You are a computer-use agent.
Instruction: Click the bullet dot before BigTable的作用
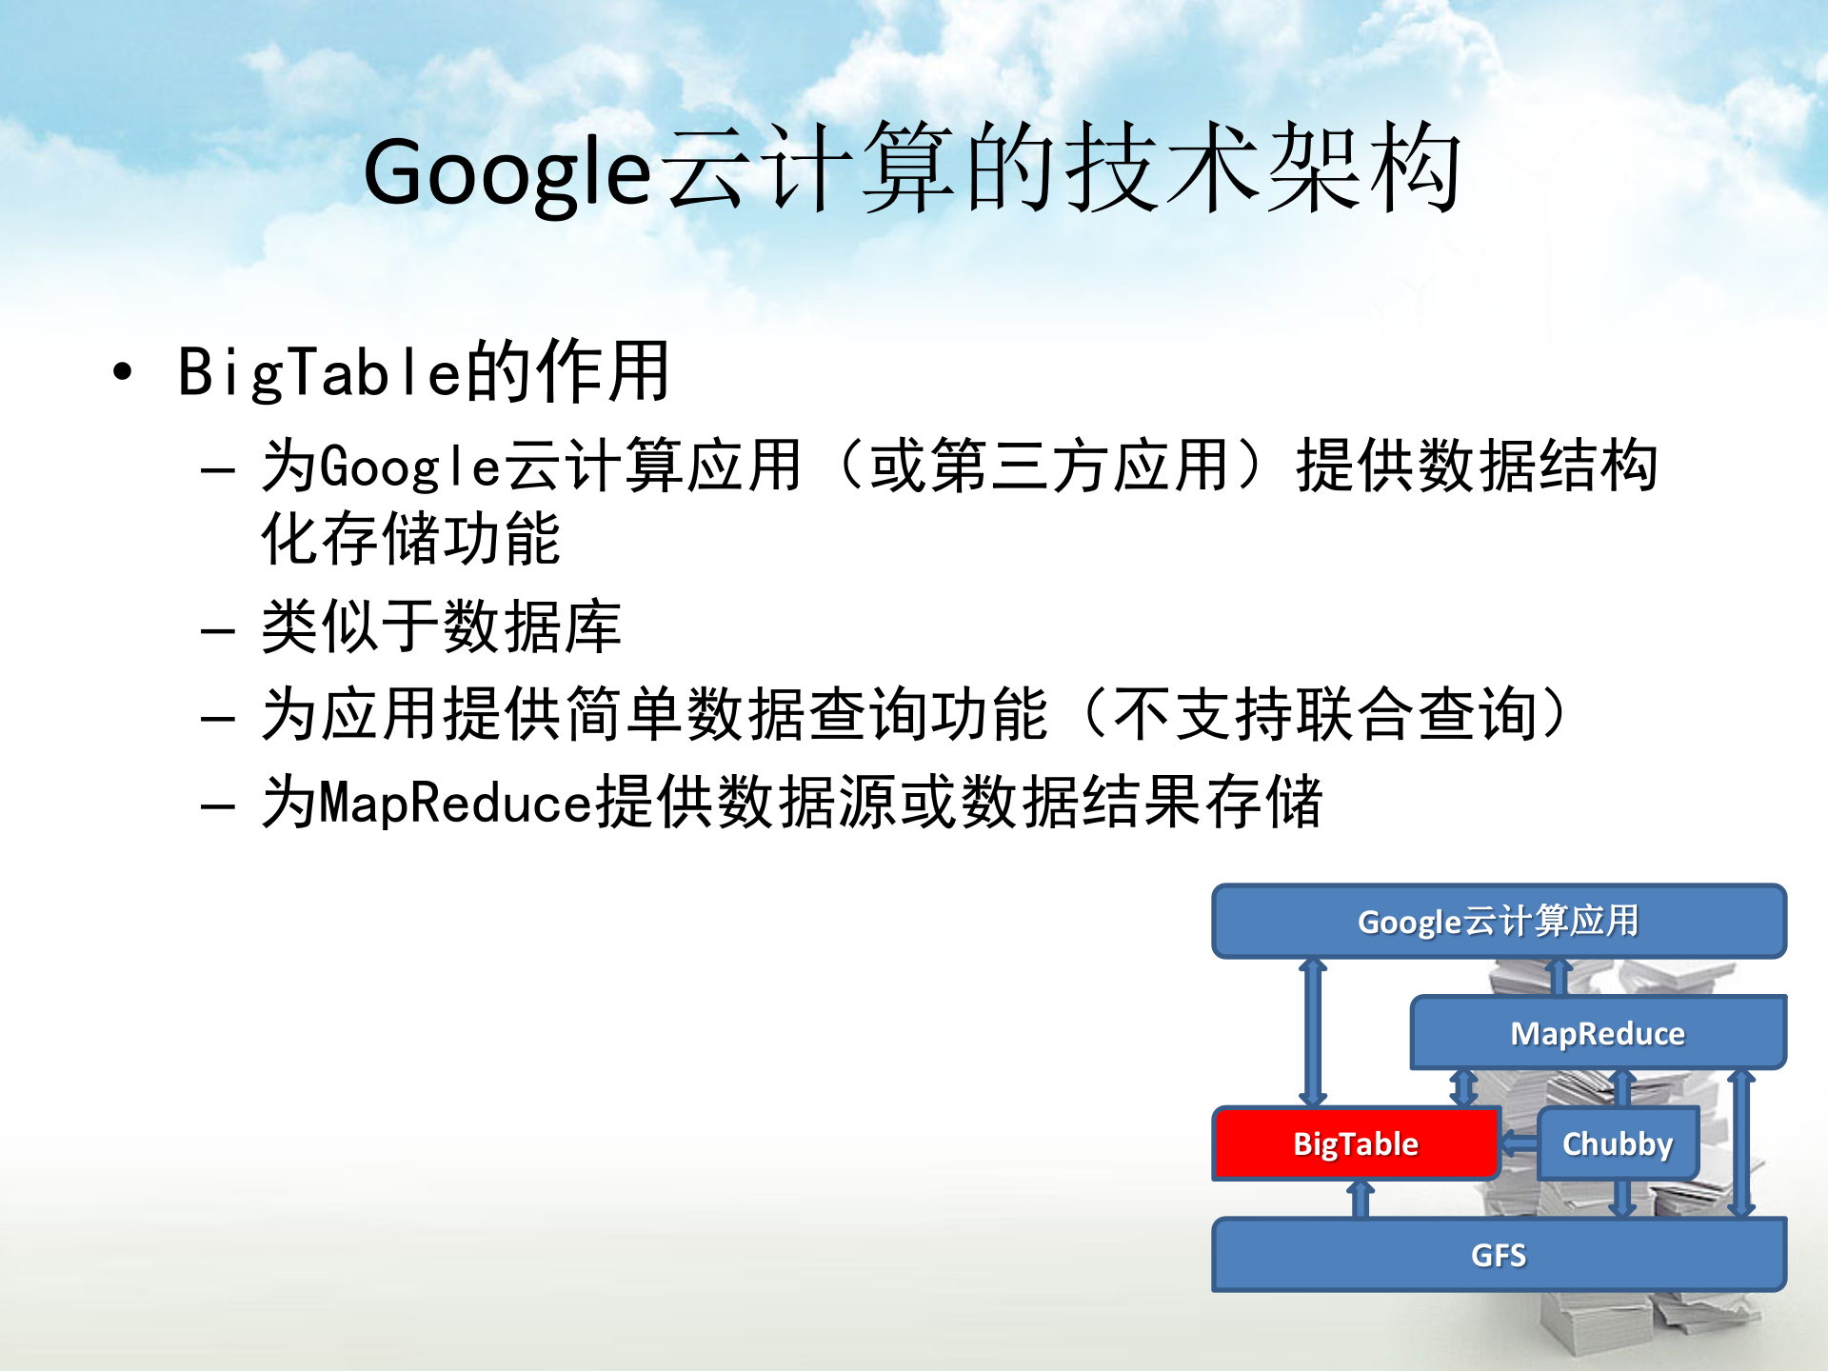point(122,371)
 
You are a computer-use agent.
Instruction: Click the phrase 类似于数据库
point(441,626)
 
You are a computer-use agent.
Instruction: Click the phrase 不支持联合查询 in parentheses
point(1323,714)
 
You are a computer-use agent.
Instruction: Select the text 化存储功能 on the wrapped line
point(410,539)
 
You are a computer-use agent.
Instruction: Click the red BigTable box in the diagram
point(1355,1143)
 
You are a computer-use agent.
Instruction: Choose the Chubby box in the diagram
point(1617,1143)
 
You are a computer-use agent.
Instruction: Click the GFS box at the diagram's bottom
point(1498,1255)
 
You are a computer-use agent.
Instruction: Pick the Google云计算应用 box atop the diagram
point(1498,922)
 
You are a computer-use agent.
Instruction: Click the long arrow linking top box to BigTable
point(1313,1033)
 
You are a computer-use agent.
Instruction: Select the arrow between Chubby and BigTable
point(1520,1143)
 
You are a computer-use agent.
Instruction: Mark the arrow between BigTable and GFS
point(1361,1200)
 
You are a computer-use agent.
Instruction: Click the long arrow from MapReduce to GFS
point(1741,1142)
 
